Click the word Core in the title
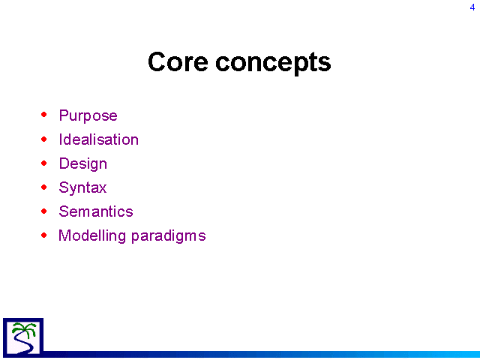(x=178, y=61)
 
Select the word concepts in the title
(x=273, y=64)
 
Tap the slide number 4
(x=472, y=7)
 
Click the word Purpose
(x=88, y=116)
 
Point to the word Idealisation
(x=98, y=139)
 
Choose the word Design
(x=83, y=164)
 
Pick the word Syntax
(x=82, y=188)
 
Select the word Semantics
(x=96, y=211)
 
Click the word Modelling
(x=92, y=236)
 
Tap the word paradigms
(x=169, y=236)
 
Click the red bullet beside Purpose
(x=44, y=115)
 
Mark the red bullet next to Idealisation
(x=44, y=139)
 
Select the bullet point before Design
(x=44, y=163)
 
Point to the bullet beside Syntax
(x=44, y=187)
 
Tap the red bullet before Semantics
(x=44, y=211)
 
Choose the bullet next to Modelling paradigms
(x=44, y=235)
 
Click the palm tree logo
(x=23, y=337)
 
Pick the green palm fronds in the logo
(x=25, y=328)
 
